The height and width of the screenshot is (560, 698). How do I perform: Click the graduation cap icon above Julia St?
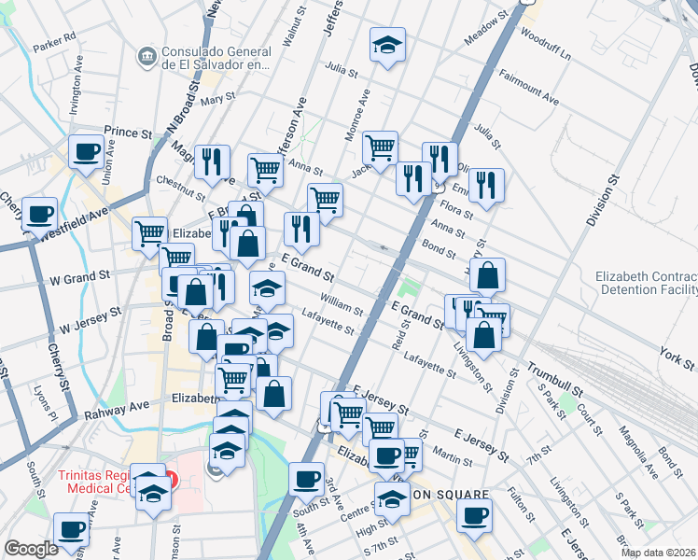tap(387, 45)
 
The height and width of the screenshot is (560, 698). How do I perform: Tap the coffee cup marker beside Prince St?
tap(87, 151)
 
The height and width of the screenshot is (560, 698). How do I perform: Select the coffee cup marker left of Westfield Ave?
tap(39, 215)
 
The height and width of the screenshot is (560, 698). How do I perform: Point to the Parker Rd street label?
tap(54, 46)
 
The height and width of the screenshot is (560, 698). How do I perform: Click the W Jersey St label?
tap(91, 321)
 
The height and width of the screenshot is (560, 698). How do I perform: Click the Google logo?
tap(31, 548)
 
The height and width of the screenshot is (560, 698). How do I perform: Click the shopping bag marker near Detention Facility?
tap(487, 276)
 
